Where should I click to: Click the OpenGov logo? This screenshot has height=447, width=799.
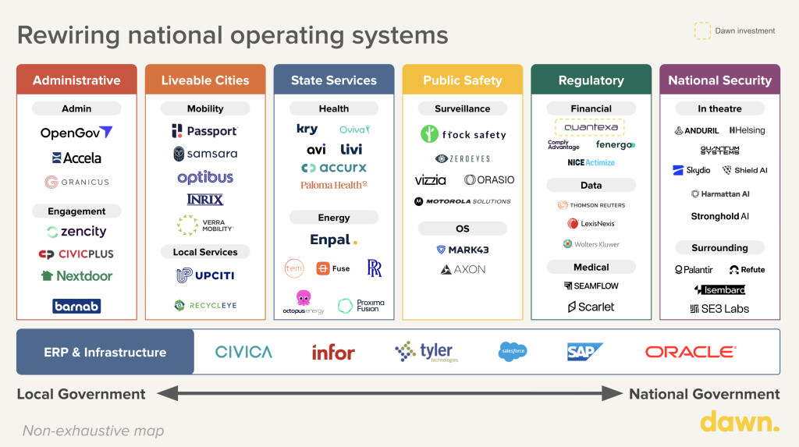(76, 133)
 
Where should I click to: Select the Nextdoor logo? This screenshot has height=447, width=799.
(76, 275)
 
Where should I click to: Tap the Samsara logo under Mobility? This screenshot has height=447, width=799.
(205, 154)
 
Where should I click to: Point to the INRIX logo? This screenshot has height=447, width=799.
(205, 200)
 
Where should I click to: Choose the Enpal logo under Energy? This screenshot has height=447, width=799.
(334, 240)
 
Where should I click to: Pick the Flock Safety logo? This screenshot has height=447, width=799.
(463, 134)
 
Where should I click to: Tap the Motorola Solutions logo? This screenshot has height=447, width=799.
(463, 201)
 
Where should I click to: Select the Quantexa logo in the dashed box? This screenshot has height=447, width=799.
(591, 127)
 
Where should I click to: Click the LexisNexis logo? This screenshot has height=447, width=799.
(591, 224)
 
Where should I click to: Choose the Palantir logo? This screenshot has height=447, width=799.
(694, 270)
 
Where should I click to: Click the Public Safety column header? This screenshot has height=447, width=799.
(463, 80)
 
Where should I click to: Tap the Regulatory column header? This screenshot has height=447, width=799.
(591, 80)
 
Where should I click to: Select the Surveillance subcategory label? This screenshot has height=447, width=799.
(463, 108)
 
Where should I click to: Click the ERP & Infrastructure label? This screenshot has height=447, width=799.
(105, 352)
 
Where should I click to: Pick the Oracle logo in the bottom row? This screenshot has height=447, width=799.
(690, 352)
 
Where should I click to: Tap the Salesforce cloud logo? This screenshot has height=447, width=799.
(513, 352)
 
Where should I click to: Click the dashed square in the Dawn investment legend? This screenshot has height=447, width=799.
(702, 30)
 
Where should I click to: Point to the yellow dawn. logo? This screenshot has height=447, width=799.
(739, 422)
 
